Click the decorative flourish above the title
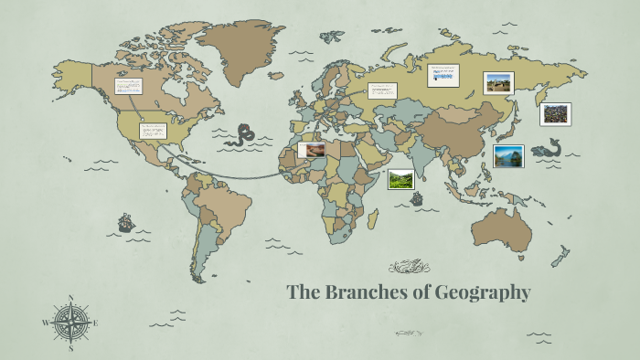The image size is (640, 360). tap(409, 267)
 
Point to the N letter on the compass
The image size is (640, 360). tap(71, 297)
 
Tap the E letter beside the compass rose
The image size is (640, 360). tap(96, 323)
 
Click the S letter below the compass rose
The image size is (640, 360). tap(71, 348)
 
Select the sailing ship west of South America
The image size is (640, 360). tap(125, 222)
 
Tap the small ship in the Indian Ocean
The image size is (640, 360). tap(417, 198)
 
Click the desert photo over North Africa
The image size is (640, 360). tap(312, 148)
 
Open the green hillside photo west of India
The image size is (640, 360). tap(400, 179)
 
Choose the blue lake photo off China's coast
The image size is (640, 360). tap(507, 156)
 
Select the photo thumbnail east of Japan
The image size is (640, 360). tap(555, 114)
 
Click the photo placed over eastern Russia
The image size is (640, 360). tap(498, 83)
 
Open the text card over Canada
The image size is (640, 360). tap(129, 87)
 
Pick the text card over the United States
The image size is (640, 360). tap(153, 131)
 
